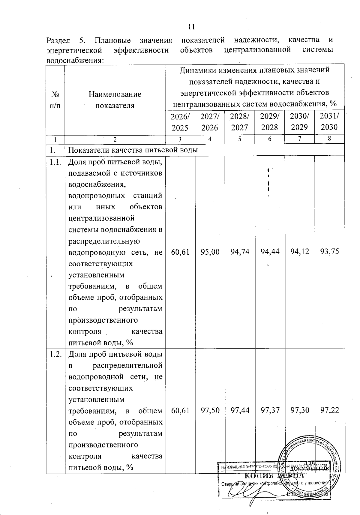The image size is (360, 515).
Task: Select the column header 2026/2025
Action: click(180, 122)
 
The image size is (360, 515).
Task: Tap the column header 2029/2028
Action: click(269, 122)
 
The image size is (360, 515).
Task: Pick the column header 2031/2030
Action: click(329, 122)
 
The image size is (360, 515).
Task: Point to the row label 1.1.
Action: click(55, 162)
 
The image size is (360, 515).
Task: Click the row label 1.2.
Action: click(55, 354)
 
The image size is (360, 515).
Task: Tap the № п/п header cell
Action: click(55, 100)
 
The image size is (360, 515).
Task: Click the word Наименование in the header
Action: click(115, 94)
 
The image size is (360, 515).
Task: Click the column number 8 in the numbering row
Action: click(329, 139)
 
